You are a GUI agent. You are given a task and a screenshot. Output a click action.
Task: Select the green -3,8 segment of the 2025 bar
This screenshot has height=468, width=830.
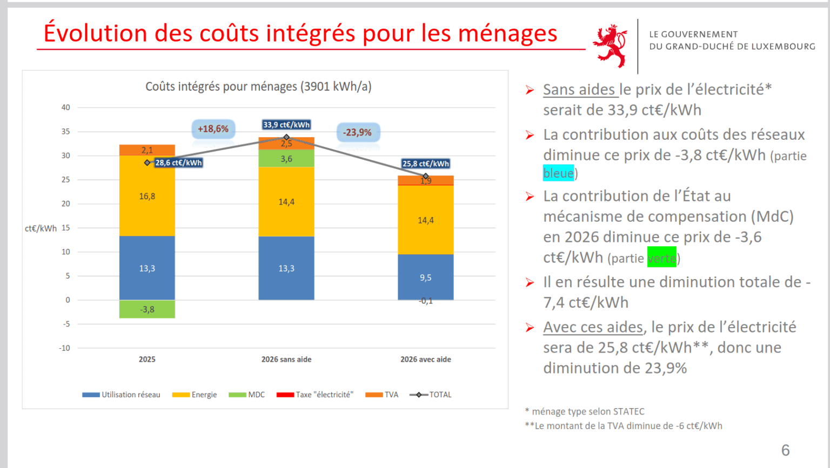147,309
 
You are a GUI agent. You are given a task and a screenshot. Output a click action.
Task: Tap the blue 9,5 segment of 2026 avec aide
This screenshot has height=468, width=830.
425,277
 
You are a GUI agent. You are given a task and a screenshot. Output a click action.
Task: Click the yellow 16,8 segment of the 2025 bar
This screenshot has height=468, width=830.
147,196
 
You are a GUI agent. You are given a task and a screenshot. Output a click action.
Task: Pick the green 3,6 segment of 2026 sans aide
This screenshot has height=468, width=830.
286,159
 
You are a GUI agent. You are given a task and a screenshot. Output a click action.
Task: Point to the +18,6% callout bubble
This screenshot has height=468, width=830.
213,129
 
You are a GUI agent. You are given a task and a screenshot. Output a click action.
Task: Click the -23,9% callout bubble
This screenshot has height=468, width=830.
357,132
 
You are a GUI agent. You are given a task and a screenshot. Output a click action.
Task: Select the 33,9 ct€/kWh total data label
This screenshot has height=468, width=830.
286,125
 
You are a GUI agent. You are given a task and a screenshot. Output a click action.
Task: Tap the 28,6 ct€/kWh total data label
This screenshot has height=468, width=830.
178,162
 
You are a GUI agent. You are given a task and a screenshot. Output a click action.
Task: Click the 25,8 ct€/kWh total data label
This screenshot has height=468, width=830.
425,164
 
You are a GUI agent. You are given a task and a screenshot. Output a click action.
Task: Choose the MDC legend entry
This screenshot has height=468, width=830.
247,395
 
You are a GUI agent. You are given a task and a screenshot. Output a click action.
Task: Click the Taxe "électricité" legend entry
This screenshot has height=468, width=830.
315,395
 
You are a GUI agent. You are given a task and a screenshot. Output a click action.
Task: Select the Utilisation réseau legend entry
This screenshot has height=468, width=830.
122,395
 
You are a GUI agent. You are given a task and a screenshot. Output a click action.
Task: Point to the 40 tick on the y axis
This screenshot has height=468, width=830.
65,107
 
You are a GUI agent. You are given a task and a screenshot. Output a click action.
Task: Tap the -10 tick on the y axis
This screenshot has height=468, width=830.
64,348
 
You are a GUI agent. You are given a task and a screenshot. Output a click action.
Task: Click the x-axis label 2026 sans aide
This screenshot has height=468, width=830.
286,360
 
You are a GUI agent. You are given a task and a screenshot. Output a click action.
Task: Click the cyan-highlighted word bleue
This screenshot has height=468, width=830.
558,173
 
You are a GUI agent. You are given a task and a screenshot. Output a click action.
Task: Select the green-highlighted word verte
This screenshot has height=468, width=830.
661,258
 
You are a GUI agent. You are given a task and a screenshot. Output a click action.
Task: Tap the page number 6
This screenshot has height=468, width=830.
785,450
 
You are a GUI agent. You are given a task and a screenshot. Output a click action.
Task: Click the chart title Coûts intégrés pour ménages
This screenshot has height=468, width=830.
258,86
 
